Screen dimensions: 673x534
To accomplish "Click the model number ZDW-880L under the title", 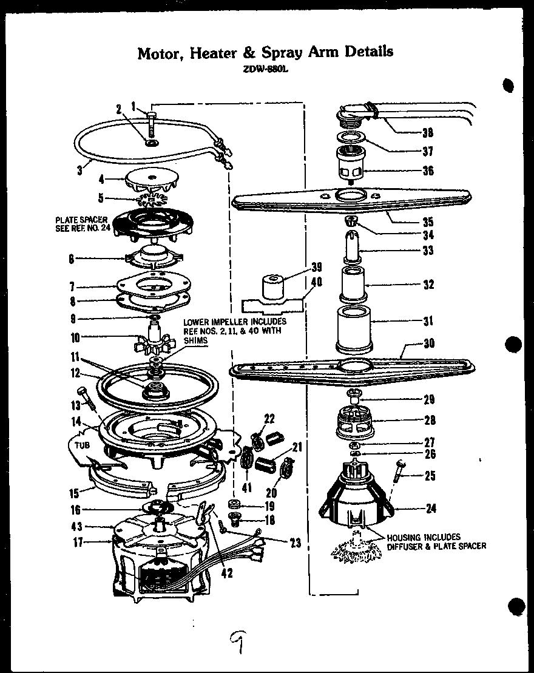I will click(265, 69).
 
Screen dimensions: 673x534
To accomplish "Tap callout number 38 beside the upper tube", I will click(428, 134).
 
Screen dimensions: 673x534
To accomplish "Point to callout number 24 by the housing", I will click(431, 509).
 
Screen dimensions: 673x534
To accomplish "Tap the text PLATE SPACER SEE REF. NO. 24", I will click(82, 225).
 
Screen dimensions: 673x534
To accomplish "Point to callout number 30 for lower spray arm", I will click(429, 343).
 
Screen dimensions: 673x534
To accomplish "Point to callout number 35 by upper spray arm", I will click(428, 221).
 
